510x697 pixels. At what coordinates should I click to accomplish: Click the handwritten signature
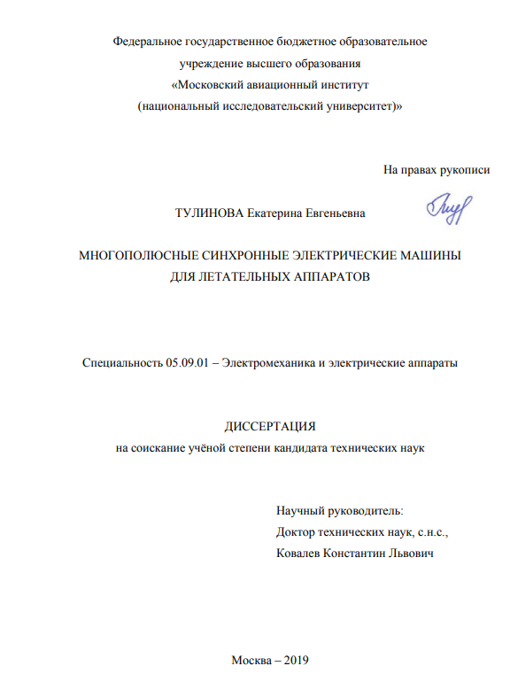[450, 210]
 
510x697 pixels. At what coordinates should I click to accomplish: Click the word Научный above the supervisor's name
[300, 512]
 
